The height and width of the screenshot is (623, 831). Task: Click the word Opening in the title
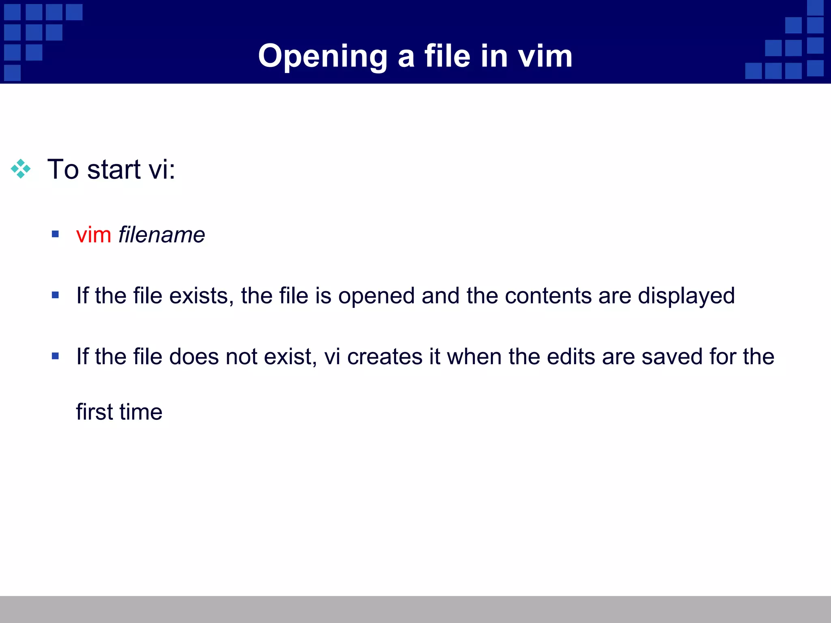[x=323, y=56]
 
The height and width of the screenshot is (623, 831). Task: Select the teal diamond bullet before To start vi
[x=21, y=169]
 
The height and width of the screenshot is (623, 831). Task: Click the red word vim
[x=94, y=235]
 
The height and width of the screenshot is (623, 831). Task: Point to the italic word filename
[x=161, y=235]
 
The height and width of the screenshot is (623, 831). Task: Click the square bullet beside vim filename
[x=56, y=234]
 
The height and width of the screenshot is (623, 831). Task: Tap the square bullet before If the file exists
[x=56, y=295]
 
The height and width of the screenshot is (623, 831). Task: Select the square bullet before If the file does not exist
[x=56, y=356]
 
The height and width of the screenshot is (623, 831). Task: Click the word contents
[x=548, y=296]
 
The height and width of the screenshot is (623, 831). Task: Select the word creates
[x=385, y=357]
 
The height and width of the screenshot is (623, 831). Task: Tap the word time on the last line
[x=141, y=412]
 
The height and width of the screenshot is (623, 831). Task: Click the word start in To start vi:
[x=114, y=169]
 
